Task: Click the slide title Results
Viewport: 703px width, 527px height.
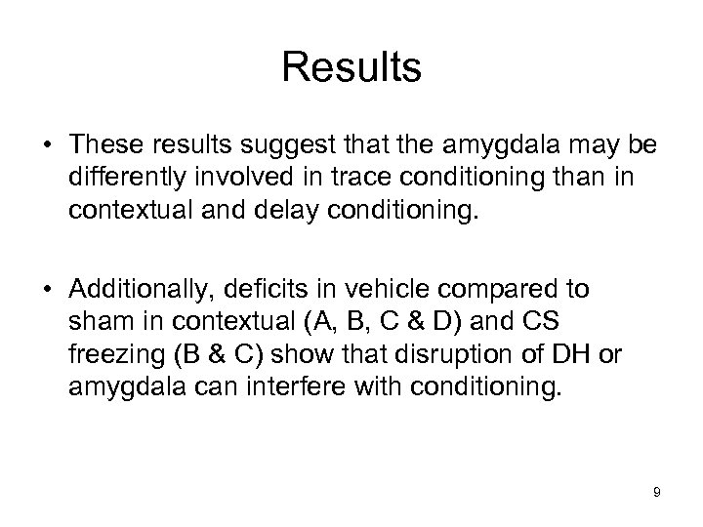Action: (351, 68)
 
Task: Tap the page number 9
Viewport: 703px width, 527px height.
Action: (657, 493)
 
